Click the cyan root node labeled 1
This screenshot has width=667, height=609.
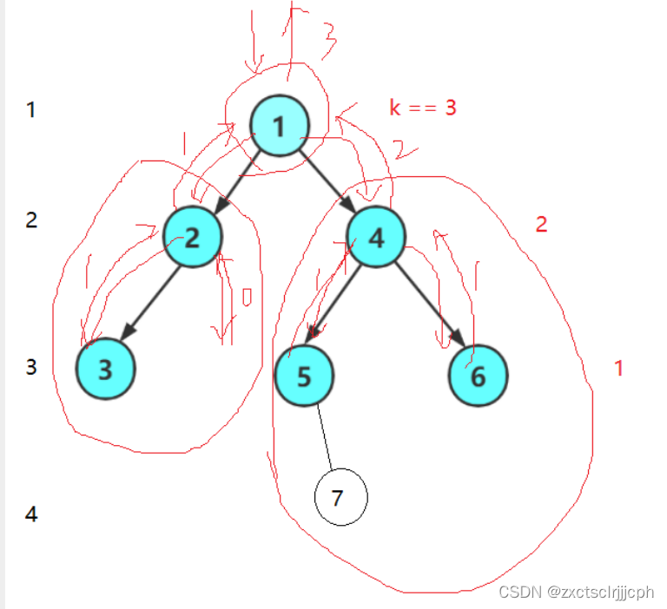280,126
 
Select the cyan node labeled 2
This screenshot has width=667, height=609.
192,236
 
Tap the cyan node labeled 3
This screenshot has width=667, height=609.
105,370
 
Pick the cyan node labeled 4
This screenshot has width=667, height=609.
376,236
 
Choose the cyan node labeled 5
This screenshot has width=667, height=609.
304,376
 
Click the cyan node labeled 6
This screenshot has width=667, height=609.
479,376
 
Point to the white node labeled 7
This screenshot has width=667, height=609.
340,498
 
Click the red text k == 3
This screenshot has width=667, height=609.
423,108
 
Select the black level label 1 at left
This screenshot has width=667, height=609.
31,110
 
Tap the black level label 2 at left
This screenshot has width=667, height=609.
31,219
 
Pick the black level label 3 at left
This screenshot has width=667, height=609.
31,367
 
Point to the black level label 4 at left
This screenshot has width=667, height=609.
31,514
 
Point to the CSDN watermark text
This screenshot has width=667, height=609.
576,592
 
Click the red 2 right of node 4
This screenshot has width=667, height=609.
541,225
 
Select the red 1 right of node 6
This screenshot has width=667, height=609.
618,368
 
